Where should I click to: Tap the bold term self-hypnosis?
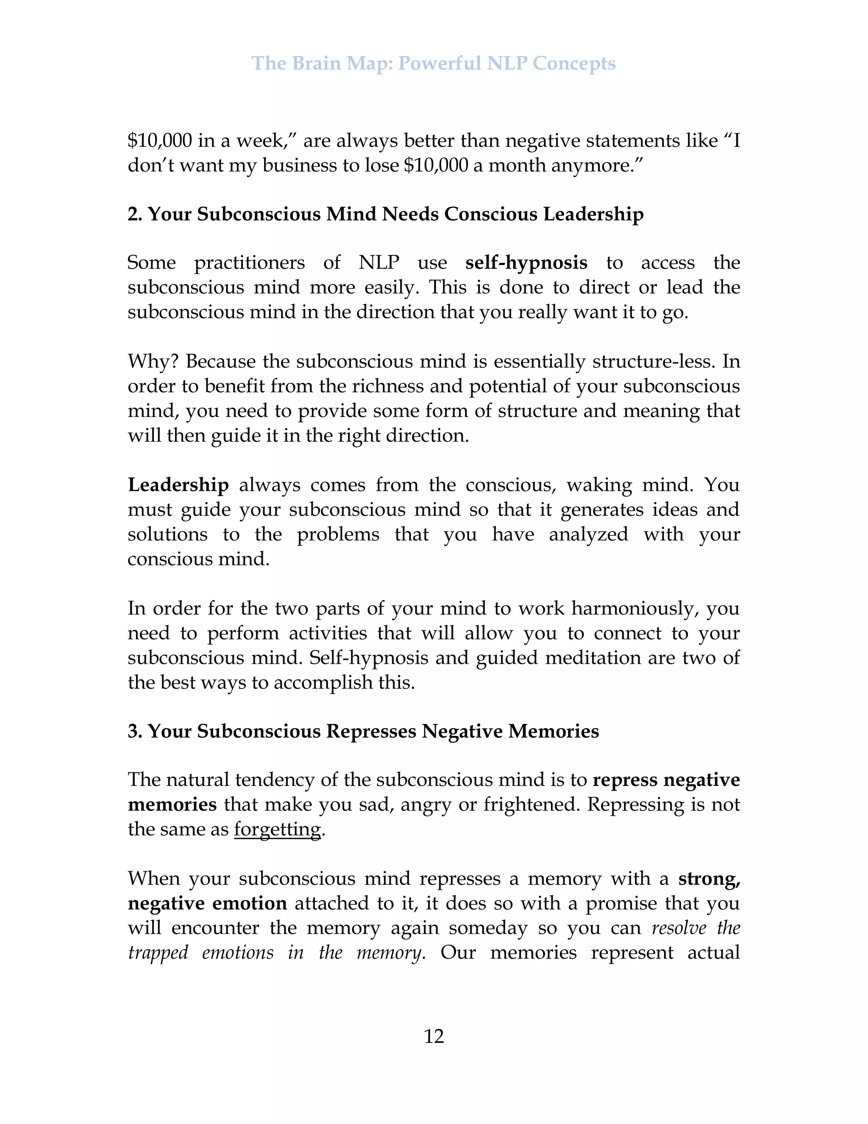coord(526,263)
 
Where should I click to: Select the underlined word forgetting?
coord(277,830)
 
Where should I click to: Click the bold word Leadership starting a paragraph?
coord(178,485)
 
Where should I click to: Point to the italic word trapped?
coord(158,953)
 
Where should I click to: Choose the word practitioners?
coord(249,263)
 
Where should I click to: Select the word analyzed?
coord(588,534)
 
